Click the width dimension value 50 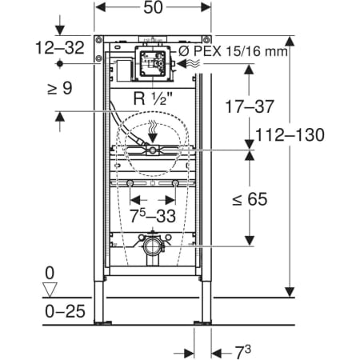tap(153, 7)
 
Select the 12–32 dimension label tap(60, 48)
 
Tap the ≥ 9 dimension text tap(60, 88)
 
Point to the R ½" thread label tap(153, 98)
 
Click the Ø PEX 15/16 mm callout tap(233, 50)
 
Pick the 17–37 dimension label tap(250, 106)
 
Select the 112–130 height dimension tap(290, 134)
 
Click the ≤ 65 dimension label tap(250, 199)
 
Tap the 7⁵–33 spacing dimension tap(153, 215)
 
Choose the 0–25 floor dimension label tap(65, 311)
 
